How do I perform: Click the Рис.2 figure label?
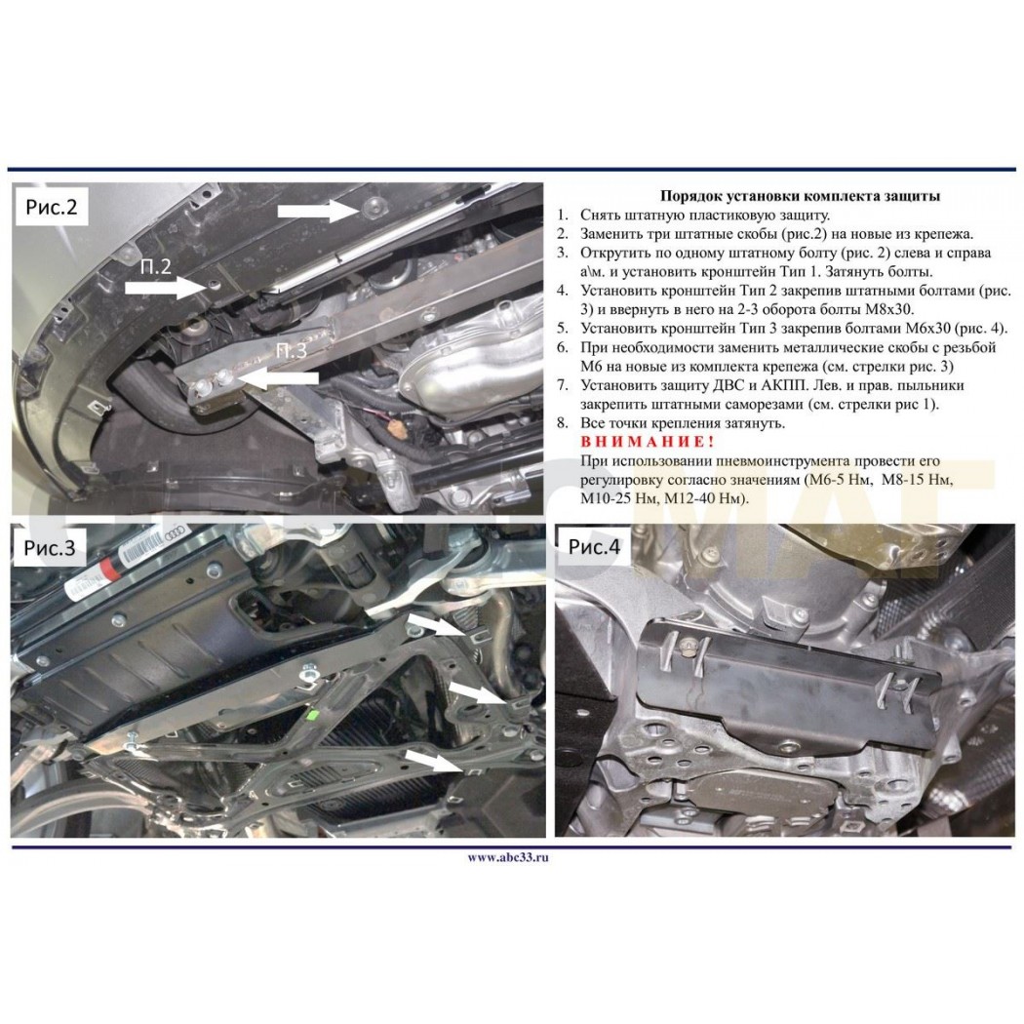tap(52, 207)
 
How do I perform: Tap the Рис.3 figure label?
tap(50, 547)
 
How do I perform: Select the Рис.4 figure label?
tap(594, 546)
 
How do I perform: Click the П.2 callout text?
tap(155, 266)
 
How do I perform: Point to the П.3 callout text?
tap(291, 351)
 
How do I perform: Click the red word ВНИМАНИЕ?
tap(648, 442)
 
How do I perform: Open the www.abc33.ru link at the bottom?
tap(508, 858)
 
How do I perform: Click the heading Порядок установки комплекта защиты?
tap(800, 196)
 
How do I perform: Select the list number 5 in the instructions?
tap(563, 329)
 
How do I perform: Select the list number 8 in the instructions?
tap(563, 423)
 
